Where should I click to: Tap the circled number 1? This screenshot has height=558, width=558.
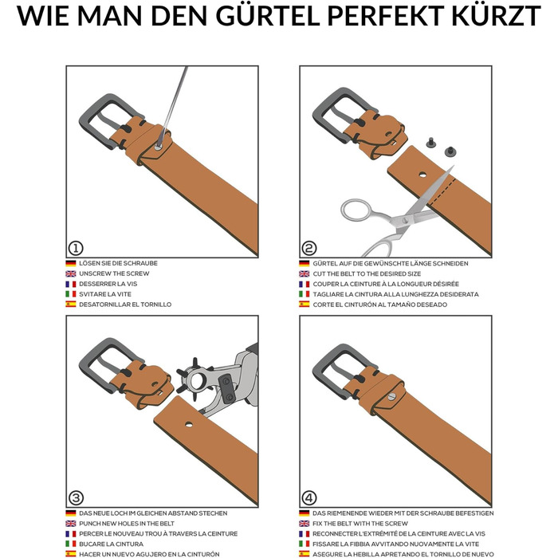pos(76,248)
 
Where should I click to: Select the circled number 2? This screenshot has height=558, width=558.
pos(309,248)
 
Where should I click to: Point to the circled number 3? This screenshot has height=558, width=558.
pos(76,498)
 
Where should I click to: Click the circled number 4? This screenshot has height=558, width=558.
pos(309,498)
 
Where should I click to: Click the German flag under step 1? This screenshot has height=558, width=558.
pos(71,263)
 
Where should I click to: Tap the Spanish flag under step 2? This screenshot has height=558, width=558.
pos(305,305)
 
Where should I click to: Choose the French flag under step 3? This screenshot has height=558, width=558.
pos(71,534)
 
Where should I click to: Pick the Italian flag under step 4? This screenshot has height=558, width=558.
pos(305,544)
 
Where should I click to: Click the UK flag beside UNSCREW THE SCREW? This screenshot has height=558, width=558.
pos(71,273)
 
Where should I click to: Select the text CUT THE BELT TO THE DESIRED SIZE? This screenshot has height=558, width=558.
pos(367,273)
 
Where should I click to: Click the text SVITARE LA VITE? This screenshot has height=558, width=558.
pos(105,294)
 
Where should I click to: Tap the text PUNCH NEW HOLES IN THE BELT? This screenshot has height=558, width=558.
pos(127,524)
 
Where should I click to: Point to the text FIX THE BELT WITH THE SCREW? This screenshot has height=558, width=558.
pos(360,524)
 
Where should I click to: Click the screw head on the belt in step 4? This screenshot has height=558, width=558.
pos(391,395)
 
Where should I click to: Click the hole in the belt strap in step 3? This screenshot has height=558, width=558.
pos(189,424)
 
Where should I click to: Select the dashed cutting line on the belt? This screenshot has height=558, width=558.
pos(442,192)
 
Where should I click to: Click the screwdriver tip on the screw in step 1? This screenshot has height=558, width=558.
pos(159,146)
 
